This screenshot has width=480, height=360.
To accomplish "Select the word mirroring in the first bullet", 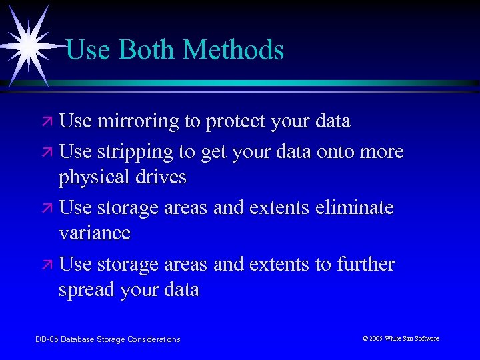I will [137, 121].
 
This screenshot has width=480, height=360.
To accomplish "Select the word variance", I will [95, 233].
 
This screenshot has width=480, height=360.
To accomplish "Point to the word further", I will [365, 264].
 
